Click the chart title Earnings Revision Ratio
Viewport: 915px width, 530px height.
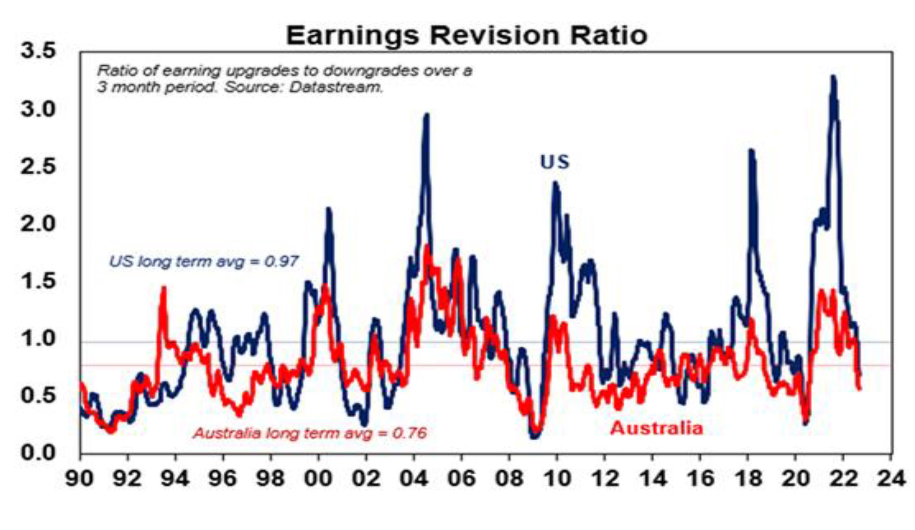466,35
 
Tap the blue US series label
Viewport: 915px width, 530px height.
555,162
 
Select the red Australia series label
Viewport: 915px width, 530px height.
656,428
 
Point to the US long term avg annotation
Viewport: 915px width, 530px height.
204,262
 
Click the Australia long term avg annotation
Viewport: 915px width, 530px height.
310,433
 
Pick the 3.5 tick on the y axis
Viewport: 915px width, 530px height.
38,51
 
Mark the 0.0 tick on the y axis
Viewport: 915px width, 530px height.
38,453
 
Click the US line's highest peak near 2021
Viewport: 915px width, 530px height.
833,78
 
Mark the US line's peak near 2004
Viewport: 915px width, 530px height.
427,115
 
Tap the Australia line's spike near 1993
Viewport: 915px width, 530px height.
163,288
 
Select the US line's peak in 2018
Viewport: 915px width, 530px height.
751,151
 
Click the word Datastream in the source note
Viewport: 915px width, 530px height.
336,87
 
